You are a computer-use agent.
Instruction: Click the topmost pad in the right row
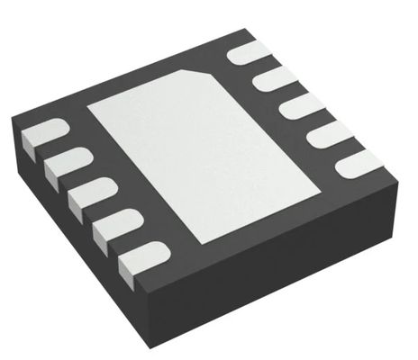click(246, 53)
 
